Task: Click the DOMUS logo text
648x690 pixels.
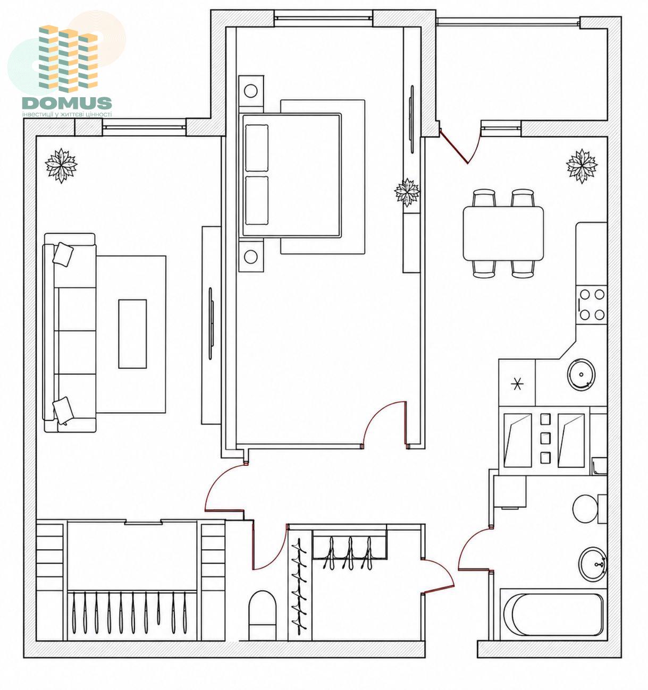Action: coord(67,103)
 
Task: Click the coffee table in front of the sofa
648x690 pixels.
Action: coord(132,334)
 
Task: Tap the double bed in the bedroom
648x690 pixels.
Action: coord(290,175)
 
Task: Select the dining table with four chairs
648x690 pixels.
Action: coord(502,233)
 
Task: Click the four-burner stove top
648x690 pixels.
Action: coord(591,305)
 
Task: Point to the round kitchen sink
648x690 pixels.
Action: coord(581,375)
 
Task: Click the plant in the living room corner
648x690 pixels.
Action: coord(61,166)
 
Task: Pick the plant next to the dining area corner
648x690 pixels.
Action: coord(582,166)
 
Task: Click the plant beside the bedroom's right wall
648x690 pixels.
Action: coord(407,192)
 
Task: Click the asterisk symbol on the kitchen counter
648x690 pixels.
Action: coord(517,384)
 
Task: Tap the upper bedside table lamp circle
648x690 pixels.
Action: coord(250,91)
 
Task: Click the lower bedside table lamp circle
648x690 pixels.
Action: coord(250,257)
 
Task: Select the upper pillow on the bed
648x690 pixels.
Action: coord(257,148)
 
